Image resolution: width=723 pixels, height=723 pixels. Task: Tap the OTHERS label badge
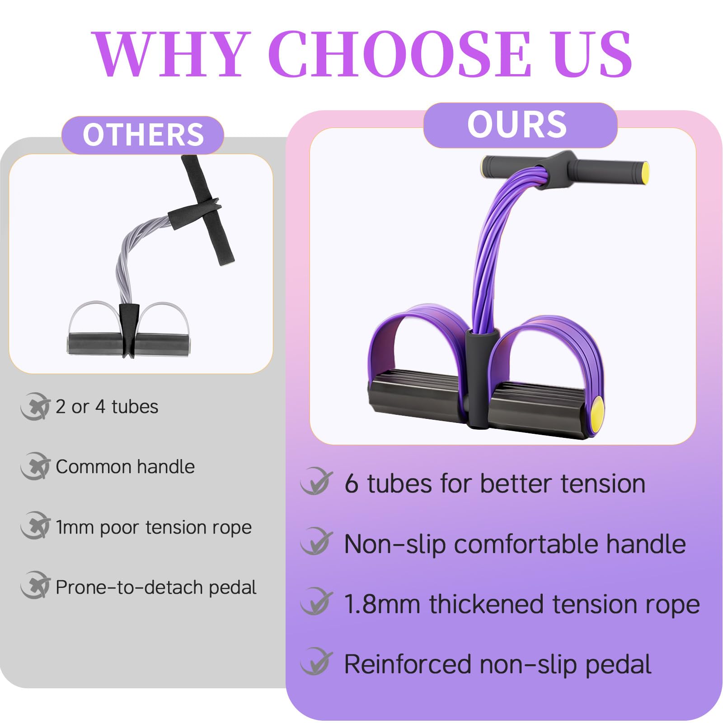coord(143,135)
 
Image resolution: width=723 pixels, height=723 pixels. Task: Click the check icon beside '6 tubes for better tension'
coord(316,482)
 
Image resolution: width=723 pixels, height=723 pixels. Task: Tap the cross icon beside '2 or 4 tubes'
coord(35,407)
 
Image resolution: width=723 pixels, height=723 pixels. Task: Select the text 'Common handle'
coord(125,467)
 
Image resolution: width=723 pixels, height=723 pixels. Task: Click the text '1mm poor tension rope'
coord(154,527)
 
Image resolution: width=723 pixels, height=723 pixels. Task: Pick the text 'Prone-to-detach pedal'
coord(156,587)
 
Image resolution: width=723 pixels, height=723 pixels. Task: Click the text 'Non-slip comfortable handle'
coord(515,544)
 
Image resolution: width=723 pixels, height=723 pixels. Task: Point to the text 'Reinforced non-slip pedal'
coord(498,664)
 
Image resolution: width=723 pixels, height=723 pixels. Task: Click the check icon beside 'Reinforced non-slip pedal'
coord(316,662)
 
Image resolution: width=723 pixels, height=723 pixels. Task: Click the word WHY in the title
coord(172,54)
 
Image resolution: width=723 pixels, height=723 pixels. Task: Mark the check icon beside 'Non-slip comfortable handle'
coord(316,541)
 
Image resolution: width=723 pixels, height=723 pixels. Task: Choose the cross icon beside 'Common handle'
coord(35,466)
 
